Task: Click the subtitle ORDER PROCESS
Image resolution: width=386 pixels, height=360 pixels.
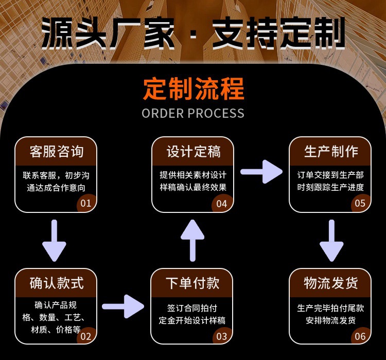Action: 193,113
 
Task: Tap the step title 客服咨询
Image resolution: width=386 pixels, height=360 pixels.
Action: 56,151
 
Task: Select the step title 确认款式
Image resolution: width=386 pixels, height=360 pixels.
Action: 56,283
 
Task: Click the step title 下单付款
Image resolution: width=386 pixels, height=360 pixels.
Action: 193,283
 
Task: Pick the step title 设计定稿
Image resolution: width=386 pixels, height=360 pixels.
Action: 193,151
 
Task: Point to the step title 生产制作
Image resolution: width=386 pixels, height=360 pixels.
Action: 330,151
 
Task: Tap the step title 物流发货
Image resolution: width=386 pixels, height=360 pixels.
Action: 330,283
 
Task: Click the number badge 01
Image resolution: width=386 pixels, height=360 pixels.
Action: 85,203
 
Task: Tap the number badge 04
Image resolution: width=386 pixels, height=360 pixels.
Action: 221,204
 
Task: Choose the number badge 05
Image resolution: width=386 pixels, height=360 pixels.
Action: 360,203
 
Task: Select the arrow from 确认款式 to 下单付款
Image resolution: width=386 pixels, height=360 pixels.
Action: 123,307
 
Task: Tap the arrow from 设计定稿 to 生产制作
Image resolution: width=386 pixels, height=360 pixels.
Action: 261,171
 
